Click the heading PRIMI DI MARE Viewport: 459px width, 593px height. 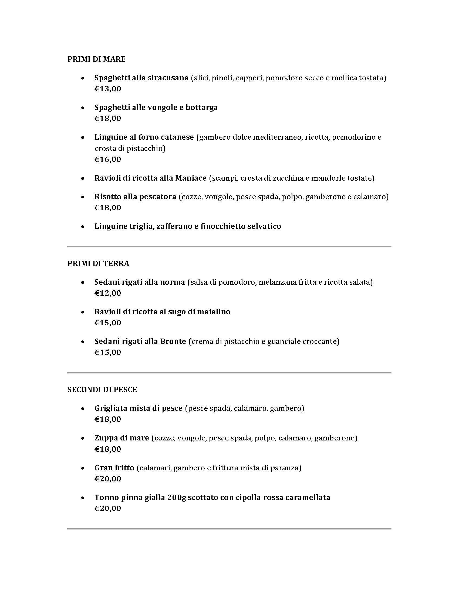[x=97, y=59]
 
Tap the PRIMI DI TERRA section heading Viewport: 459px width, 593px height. [x=98, y=263]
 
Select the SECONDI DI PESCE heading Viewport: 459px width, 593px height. [x=102, y=390]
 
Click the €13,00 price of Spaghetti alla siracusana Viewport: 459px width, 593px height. [x=108, y=89]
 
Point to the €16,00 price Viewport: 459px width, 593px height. [x=108, y=159]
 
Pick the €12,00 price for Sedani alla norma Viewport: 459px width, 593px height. [x=108, y=293]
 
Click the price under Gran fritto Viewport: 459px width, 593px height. [x=108, y=479]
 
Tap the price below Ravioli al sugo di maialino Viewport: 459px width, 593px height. [x=108, y=323]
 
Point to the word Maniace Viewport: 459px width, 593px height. [x=191, y=178]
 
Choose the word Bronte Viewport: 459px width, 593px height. [x=173, y=341]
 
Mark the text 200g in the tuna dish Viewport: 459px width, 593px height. [x=177, y=497]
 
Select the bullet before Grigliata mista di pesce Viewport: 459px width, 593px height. [x=83, y=409]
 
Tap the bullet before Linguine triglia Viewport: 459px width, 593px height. [x=83, y=226]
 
